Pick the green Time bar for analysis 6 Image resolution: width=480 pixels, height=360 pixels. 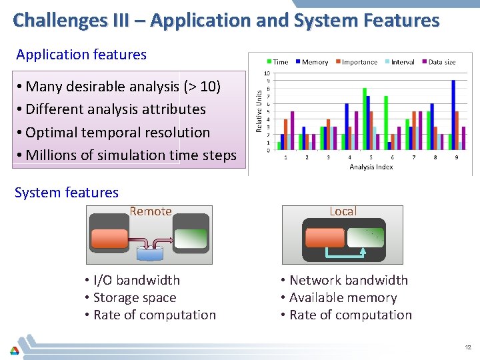[x=385, y=123]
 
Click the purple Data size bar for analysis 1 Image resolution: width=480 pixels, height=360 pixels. [x=292, y=130]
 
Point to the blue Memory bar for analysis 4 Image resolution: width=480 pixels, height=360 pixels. [x=347, y=126]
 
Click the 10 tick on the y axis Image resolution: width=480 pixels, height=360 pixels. [x=267, y=73]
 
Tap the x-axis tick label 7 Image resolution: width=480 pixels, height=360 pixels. [x=413, y=157]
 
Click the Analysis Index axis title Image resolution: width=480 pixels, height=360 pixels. [x=372, y=167]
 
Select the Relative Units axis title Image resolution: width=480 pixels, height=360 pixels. [x=259, y=111]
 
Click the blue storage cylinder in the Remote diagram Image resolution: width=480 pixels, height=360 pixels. [x=150, y=253]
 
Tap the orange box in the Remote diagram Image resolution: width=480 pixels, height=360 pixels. [x=110, y=239]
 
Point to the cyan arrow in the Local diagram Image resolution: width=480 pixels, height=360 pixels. [x=344, y=254]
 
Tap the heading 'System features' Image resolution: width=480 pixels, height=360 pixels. [x=67, y=193]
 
